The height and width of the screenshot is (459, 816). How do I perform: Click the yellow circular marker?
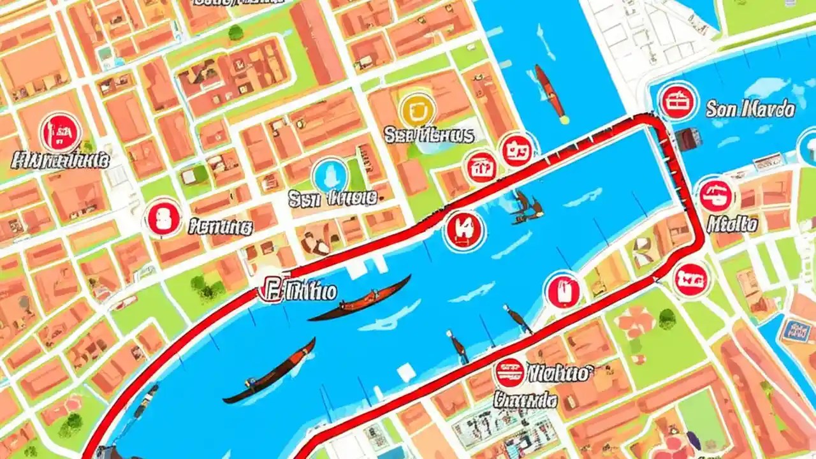[x=417, y=110]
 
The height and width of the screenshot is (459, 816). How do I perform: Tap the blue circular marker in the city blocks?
[x=330, y=176]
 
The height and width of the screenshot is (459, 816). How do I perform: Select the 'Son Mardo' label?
[x=750, y=109]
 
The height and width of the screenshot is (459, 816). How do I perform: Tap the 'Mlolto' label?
[x=732, y=224]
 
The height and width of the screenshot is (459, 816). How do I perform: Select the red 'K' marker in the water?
[x=465, y=229]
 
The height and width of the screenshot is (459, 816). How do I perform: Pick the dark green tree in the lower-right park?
[x=667, y=317]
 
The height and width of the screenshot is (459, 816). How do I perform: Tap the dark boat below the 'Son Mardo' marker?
[x=687, y=139]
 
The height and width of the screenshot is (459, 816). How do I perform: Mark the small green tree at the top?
[x=235, y=33]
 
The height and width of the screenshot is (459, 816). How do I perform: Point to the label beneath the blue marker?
[x=332, y=198]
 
